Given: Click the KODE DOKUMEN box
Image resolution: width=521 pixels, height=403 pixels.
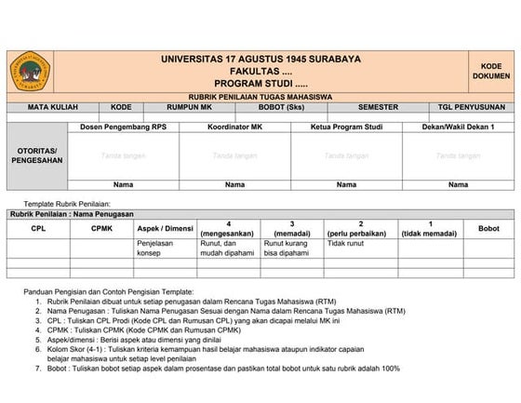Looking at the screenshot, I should [x=491, y=71].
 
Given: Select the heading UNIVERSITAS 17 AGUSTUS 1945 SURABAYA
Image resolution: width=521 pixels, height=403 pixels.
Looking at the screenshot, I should [x=261, y=60].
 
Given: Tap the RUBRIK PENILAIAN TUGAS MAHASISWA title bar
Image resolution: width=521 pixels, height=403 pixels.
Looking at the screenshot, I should [x=261, y=97].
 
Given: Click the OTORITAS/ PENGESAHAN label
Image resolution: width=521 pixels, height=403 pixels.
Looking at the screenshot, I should [x=37, y=154].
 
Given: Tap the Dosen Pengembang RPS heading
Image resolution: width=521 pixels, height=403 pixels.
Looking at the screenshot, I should [x=124, y=126].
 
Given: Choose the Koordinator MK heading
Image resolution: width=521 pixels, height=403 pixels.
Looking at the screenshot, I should [x=234, y=126].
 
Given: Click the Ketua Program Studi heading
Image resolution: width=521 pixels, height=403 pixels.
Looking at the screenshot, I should [x=346, y=126].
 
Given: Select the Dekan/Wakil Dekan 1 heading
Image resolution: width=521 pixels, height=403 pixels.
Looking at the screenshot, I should [x=458, y=126].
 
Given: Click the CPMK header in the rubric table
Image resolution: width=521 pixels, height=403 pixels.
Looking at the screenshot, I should [x=101, y=228].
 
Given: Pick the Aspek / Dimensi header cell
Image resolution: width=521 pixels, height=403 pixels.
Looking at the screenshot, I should [x=166, y=228].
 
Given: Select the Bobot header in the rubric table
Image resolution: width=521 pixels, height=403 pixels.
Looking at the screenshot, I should [x=488, y=228].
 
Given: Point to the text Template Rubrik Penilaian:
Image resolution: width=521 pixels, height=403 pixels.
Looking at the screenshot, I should [x=67, y=203].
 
